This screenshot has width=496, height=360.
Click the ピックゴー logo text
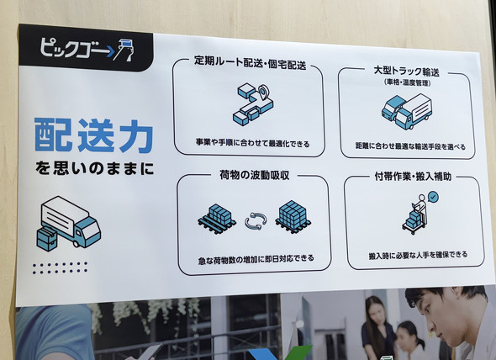coord(73,49)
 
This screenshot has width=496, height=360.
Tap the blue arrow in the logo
coord(109,50)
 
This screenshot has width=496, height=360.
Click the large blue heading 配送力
coord(93,135)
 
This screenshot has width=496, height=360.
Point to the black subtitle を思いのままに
coord(94,168)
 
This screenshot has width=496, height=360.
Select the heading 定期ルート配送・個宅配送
coord(250,63)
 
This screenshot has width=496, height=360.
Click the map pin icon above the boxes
coord(263,92)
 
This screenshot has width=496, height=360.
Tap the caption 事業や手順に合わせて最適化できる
coord(252,144)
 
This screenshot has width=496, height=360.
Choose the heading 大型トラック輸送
coord(407,71)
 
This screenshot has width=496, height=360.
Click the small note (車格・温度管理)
coord(408,83)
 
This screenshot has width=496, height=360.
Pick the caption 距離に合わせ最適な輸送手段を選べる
coord(410,146)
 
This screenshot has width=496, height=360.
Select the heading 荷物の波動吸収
coord(255,175)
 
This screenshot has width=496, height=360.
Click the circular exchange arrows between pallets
coord(256,220)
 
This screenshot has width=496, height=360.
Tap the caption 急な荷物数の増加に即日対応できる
coord(256,259)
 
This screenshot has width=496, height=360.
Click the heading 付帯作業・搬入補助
coord(413,177)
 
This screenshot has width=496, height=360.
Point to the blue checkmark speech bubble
coord(433,197)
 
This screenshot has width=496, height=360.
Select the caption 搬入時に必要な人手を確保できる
coord(418,255)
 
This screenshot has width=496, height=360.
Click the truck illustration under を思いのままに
coord(69,224)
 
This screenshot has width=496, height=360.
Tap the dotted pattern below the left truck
coord(60,267)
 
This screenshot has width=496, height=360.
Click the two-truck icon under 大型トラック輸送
coord(407,112)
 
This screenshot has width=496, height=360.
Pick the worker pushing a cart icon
coord(415,214)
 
